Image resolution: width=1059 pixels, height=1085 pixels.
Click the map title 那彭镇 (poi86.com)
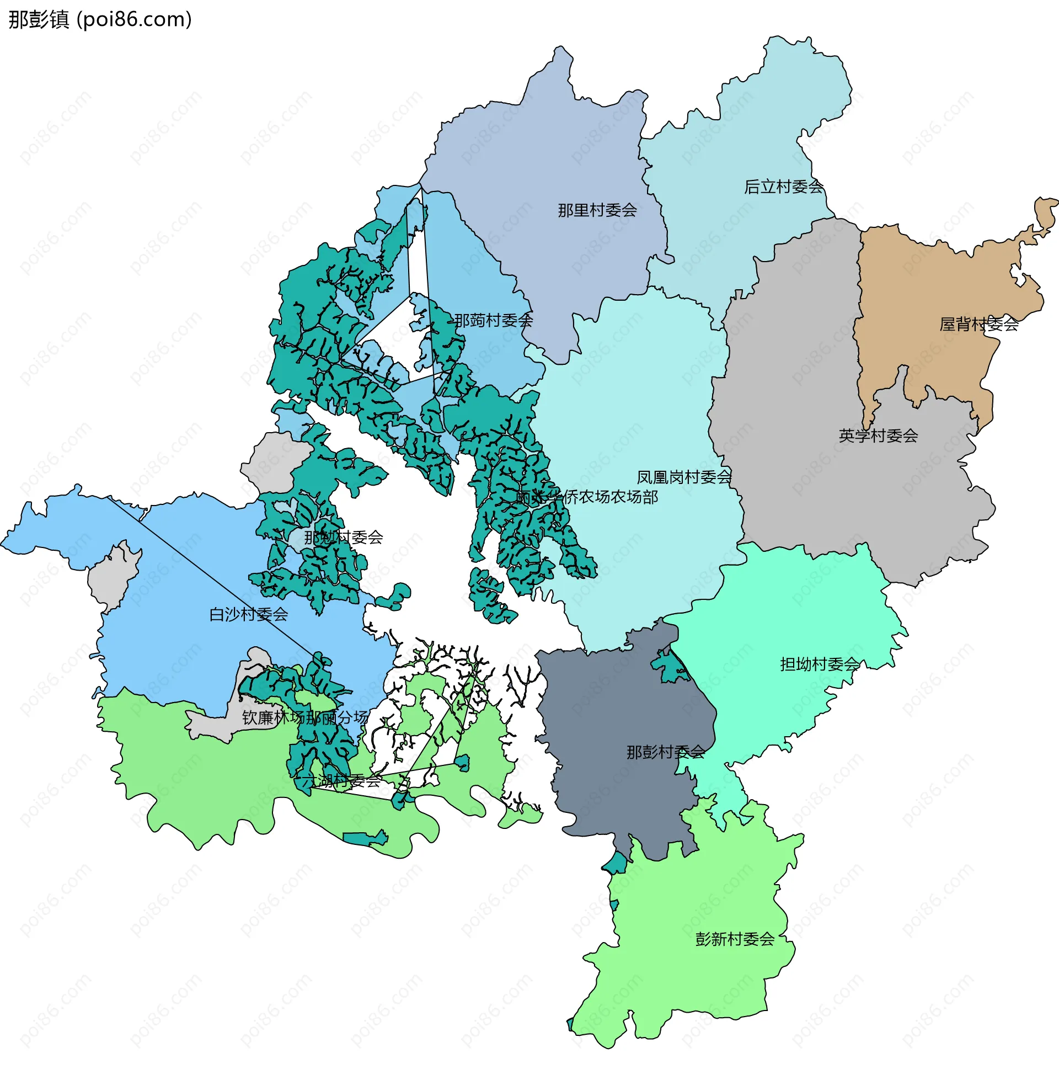[x=100, y=19]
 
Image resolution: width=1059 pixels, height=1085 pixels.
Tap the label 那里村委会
[x=597, y=210]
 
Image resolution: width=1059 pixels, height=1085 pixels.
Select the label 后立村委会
[x=783, y=187]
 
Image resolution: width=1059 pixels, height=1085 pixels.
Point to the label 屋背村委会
[x=978, y=324]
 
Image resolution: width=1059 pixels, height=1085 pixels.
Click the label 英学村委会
[x=878, y=435]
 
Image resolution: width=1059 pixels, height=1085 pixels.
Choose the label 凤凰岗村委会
[x=683, y=477]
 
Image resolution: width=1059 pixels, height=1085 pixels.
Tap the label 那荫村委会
[x=493, y=320]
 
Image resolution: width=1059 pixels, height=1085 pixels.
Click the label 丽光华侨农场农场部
[x=586, y=496]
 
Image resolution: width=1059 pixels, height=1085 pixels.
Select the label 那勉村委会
[x=343, y=537]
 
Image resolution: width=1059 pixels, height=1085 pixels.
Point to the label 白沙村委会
[x=248, y=614]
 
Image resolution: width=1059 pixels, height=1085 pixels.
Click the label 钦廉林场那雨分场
[x=305, y=717]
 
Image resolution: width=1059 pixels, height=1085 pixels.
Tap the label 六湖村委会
[x=340, y=781]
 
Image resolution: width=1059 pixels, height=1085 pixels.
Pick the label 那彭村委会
[x=665, y=752]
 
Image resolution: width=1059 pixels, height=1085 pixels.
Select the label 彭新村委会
[x=734, y=939]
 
